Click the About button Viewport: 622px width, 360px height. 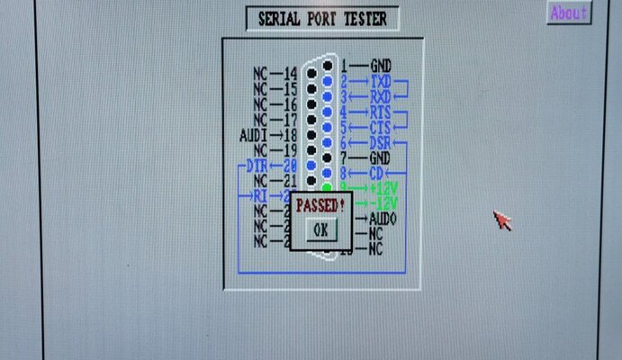pyautogui.click(x=568, y=13)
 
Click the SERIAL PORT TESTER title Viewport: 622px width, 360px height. pyautogui.click(x=321, y=19)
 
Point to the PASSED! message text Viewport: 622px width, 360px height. pyautogui.click(x=320, y=205)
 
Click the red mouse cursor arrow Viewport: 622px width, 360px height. pyautogui.click(x=501, y=220)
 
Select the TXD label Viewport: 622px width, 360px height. pyautogui.click(x=381, y=82)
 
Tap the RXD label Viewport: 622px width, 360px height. pyautogui.click(x=381, y=96)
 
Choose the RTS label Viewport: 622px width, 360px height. pyautogui.click(x=381, y=112)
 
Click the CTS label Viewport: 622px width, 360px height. pyautogui.click(x=381, y=128)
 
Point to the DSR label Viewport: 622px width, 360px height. pyautogui.click(x=381, y=143)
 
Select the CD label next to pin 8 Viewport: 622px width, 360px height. pyautogui.click(x=377, y=173)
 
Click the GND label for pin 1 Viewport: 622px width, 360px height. pyautogui.click(x=381, y=66)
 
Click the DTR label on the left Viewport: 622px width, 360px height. pyautogui.click(x=257, y=166)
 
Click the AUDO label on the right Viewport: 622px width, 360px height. pyautogui.click(x=383, y=219)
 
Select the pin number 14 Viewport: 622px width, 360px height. pyautogui.click(x=290, y=73)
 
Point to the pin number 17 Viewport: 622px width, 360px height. pyautogui.click(x=290, y=119)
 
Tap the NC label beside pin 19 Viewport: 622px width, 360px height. pyautogui.click(x=261, y=149)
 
